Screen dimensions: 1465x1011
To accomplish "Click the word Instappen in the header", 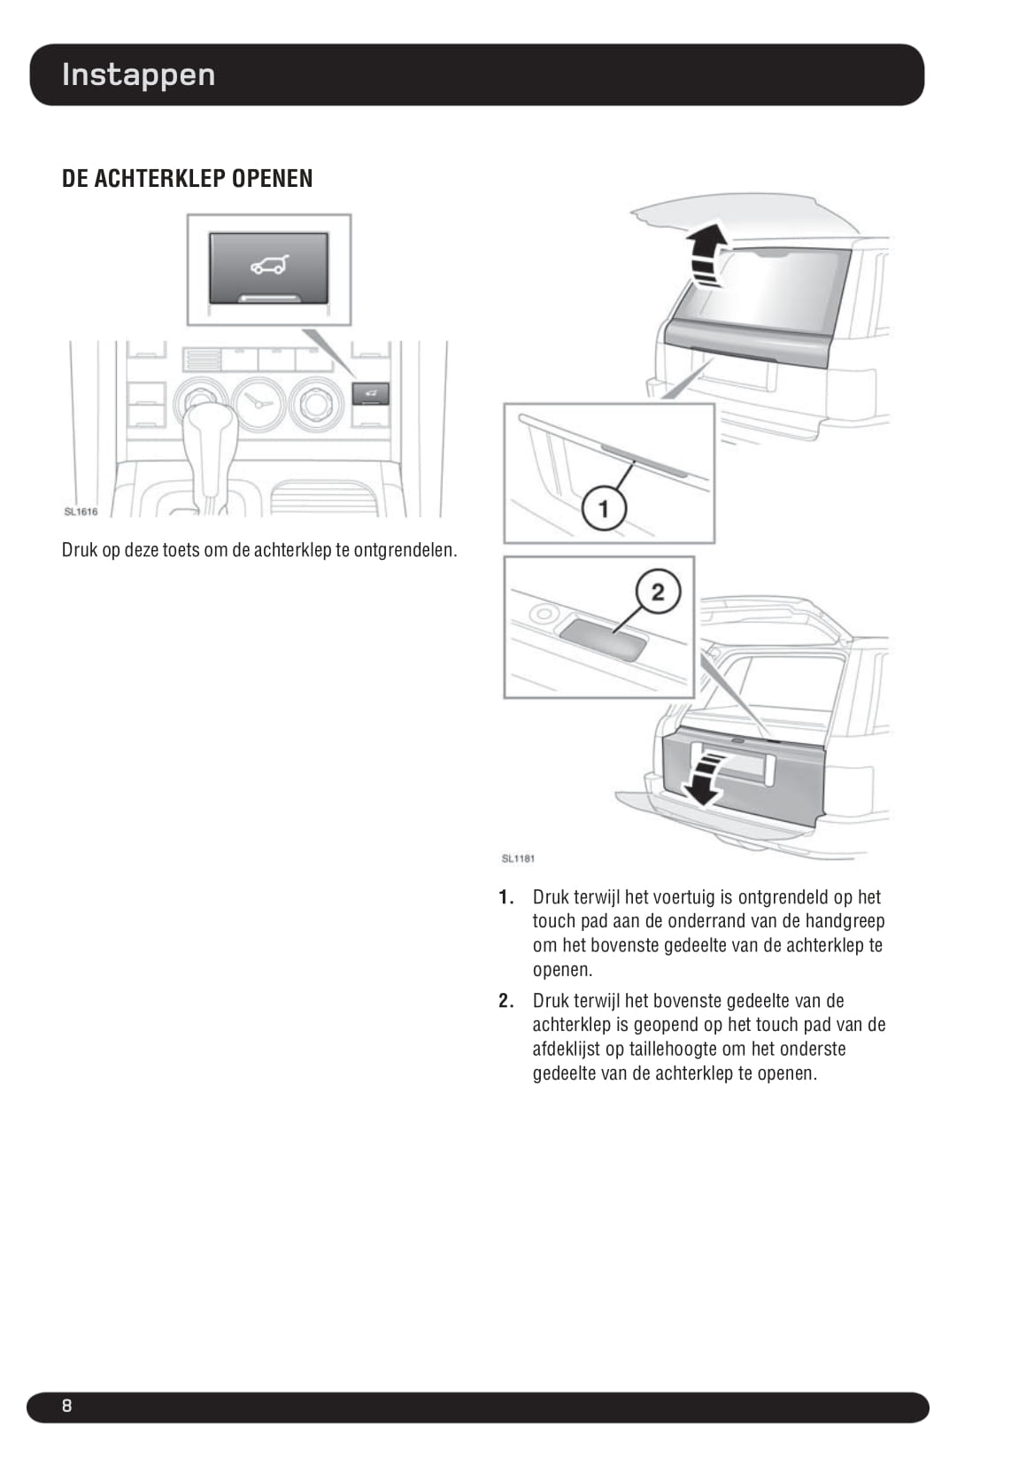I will tap(138, 74).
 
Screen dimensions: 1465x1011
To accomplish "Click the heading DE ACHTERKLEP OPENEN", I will tap(187, 178).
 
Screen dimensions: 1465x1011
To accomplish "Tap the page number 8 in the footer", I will tap(66, 1406).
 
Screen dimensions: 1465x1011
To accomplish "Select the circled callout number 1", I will tap(604, 508).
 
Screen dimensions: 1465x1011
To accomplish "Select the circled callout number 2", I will tap(657, 592).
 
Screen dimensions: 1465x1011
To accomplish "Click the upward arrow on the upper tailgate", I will tap(706, 254).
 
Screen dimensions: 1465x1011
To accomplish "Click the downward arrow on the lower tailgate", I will tap(705, 777).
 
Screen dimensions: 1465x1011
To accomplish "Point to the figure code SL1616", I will tap(81, 512).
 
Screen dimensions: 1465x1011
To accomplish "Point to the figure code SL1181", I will tap(518, 858).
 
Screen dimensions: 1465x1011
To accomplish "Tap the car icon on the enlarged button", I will tap(269, 264).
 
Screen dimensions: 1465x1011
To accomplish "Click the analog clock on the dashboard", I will tap(259, 403).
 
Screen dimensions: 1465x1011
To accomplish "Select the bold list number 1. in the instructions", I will tap(505, 897).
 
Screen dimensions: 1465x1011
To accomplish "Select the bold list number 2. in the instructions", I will tap(505, 1001).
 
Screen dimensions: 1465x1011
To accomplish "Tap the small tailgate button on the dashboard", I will tap(371, 392).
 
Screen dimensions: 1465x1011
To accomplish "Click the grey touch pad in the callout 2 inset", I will tap(601, 639).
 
